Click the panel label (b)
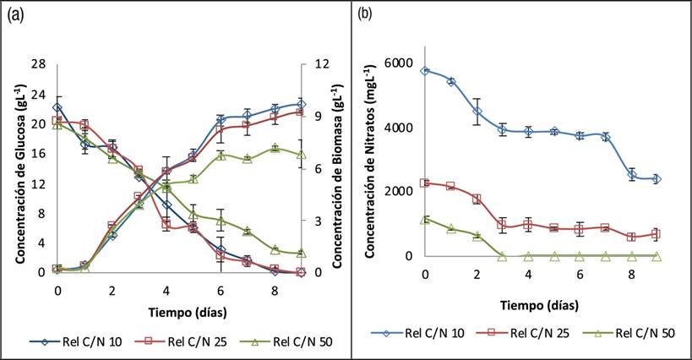366,14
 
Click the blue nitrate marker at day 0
425,71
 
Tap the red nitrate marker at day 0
425,183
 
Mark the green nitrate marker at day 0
425,220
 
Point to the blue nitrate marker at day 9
657,179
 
